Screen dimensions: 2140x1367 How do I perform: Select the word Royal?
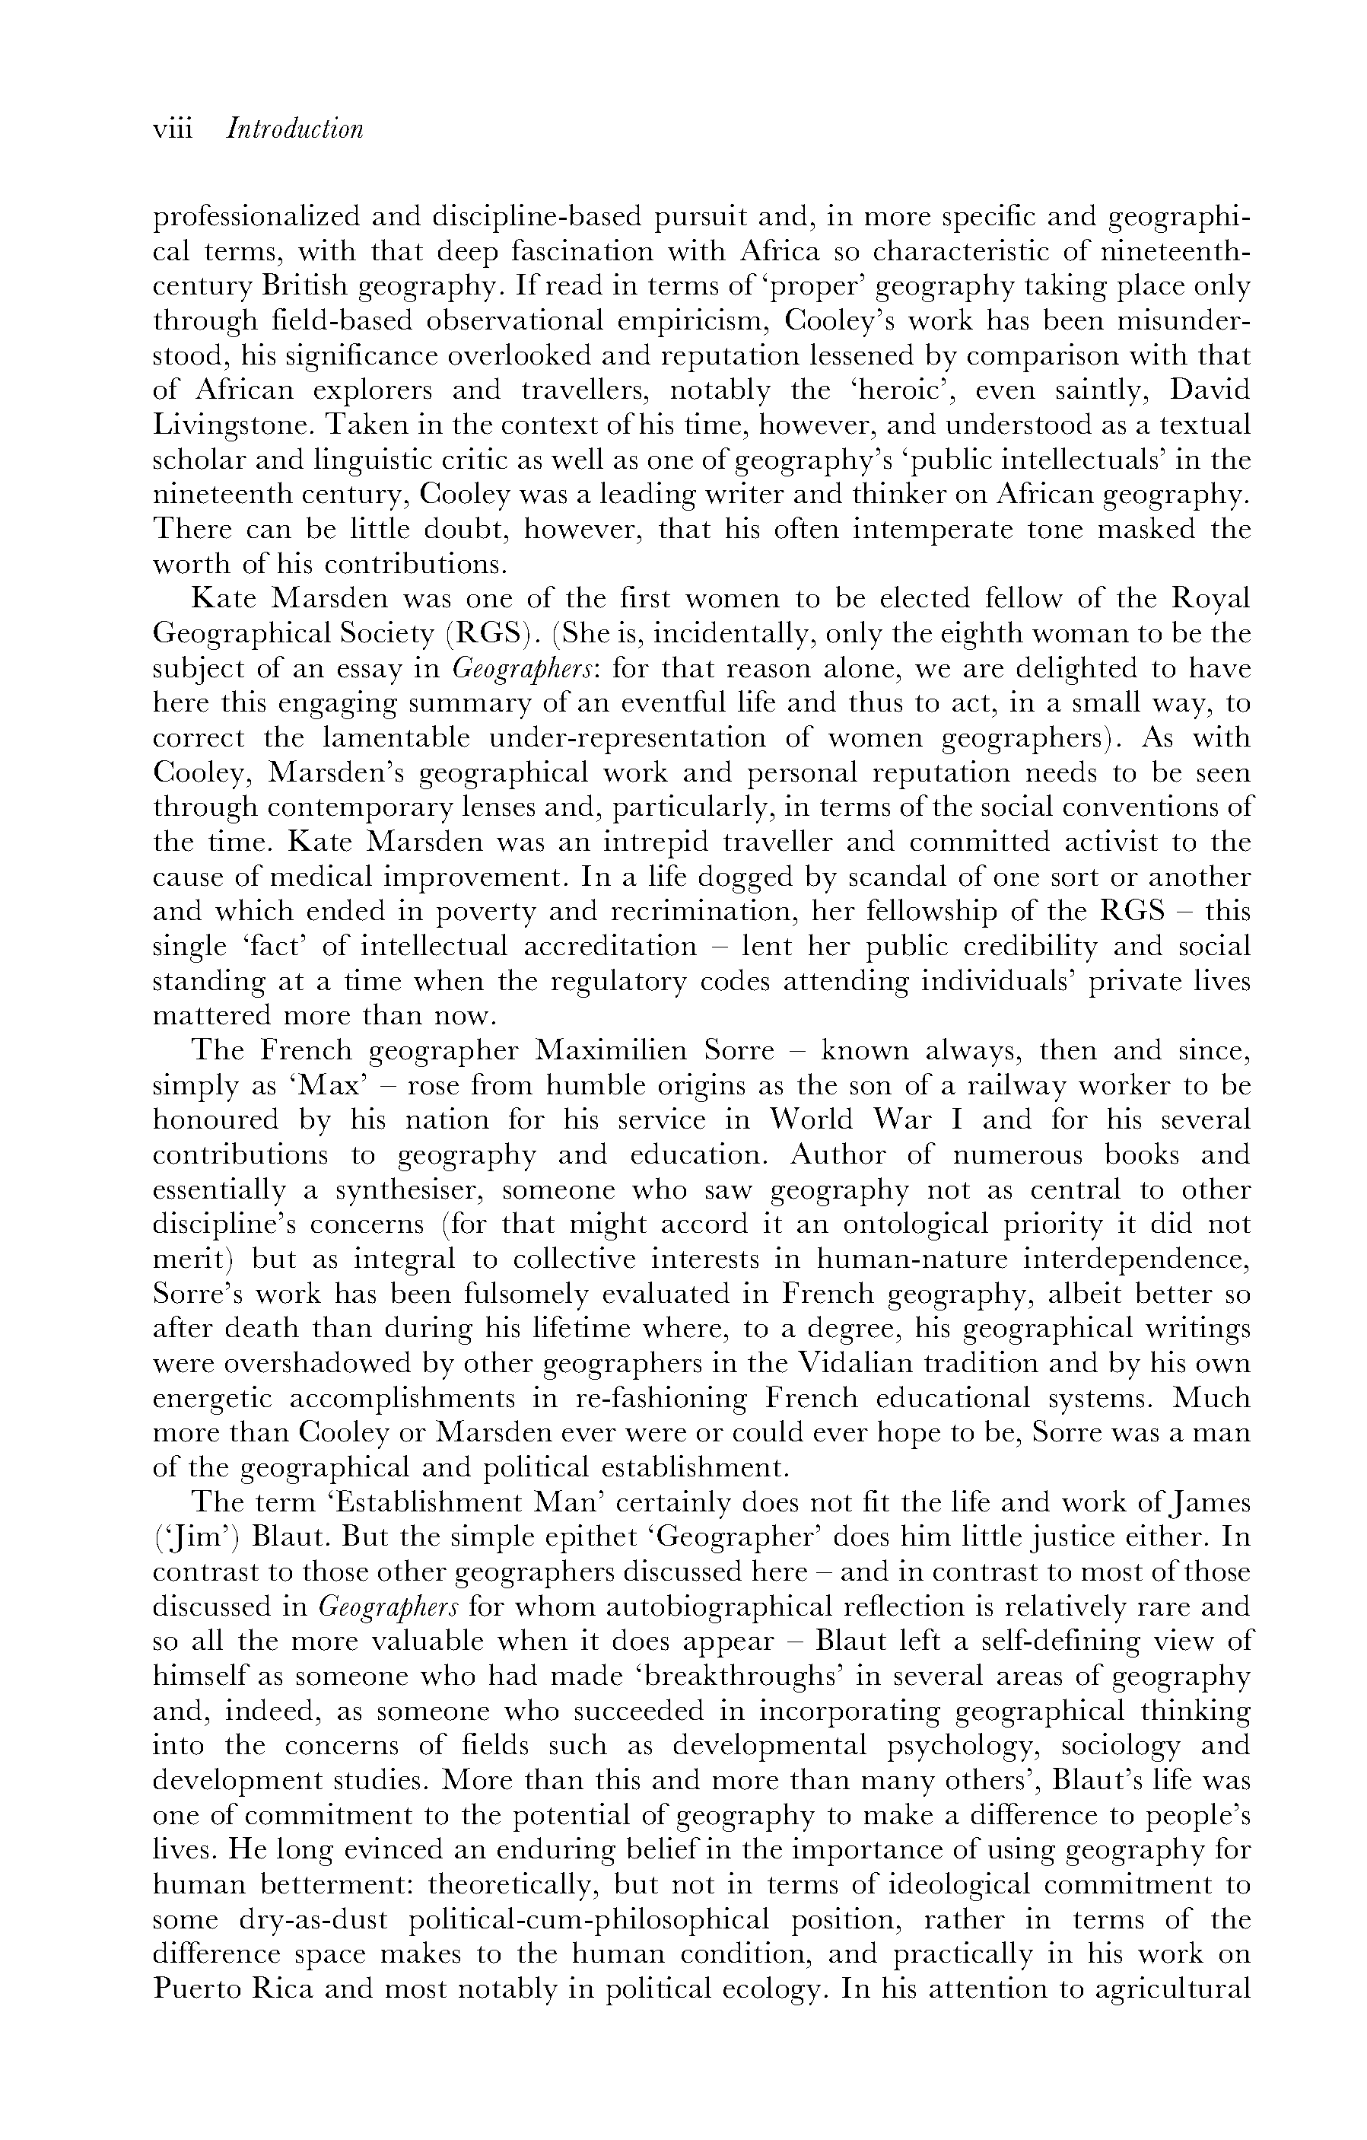(1212, 600)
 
